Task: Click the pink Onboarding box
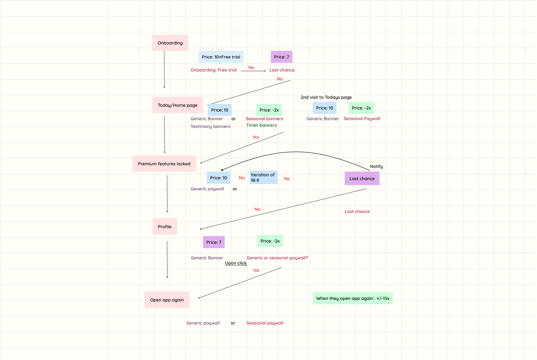pos(170,43)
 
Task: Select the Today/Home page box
pos(178,105)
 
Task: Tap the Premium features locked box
pos(164,164)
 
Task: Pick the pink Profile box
pos(165,227)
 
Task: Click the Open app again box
pos(167,300)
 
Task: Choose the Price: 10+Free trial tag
pos(221,57)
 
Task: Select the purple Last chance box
pos(362,179)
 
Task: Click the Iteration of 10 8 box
pos(263,177)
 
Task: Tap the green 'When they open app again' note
pos(353,298)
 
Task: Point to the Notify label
pos(376,167)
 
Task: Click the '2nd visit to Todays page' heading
pos(326,97)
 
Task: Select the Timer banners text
pos(261,125)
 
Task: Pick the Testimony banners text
pos(210,127)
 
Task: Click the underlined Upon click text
pos(236,263)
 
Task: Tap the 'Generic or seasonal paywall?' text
pos(277,258)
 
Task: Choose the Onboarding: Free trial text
pos(213,70)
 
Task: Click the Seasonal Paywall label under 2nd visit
pos(362,119)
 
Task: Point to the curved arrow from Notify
pos(295,152)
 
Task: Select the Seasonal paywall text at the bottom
pos(265,323)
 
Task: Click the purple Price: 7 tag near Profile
pos(214,242)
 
